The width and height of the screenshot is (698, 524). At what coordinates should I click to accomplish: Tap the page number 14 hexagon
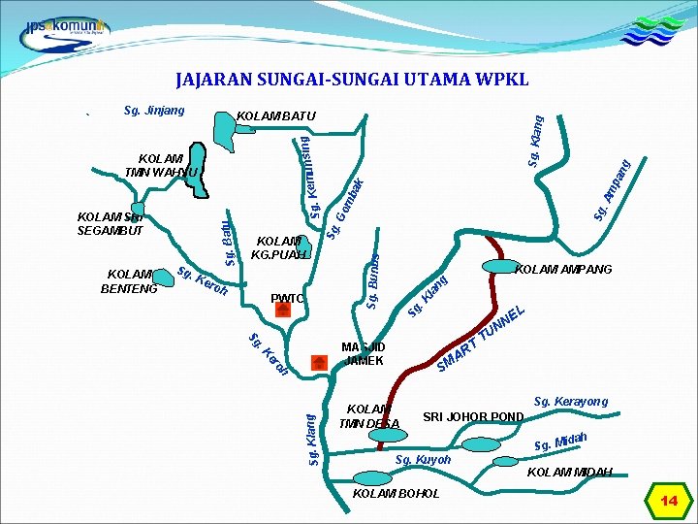pos(669,500)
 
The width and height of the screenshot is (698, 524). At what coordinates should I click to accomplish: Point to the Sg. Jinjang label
pos(154,111)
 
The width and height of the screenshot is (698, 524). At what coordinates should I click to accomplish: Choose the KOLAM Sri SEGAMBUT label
pos(111,223)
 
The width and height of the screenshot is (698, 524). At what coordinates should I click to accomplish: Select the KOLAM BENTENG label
pos(129,281)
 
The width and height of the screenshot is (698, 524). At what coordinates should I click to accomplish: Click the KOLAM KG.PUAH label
pos(279,247)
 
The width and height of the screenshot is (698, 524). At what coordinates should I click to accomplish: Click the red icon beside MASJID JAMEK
pos(318,362)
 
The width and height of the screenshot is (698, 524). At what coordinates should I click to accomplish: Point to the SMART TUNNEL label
pos(481,339)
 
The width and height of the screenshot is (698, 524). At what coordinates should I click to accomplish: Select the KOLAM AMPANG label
pos(563,269)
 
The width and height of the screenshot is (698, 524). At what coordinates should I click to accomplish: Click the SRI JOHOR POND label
pos(473,417)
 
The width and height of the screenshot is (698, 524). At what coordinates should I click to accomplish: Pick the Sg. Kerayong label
pos(571,401)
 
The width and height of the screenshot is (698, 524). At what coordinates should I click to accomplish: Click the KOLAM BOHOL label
pos(397,493)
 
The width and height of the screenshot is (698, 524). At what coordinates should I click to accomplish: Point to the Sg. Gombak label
pos(345,208)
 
